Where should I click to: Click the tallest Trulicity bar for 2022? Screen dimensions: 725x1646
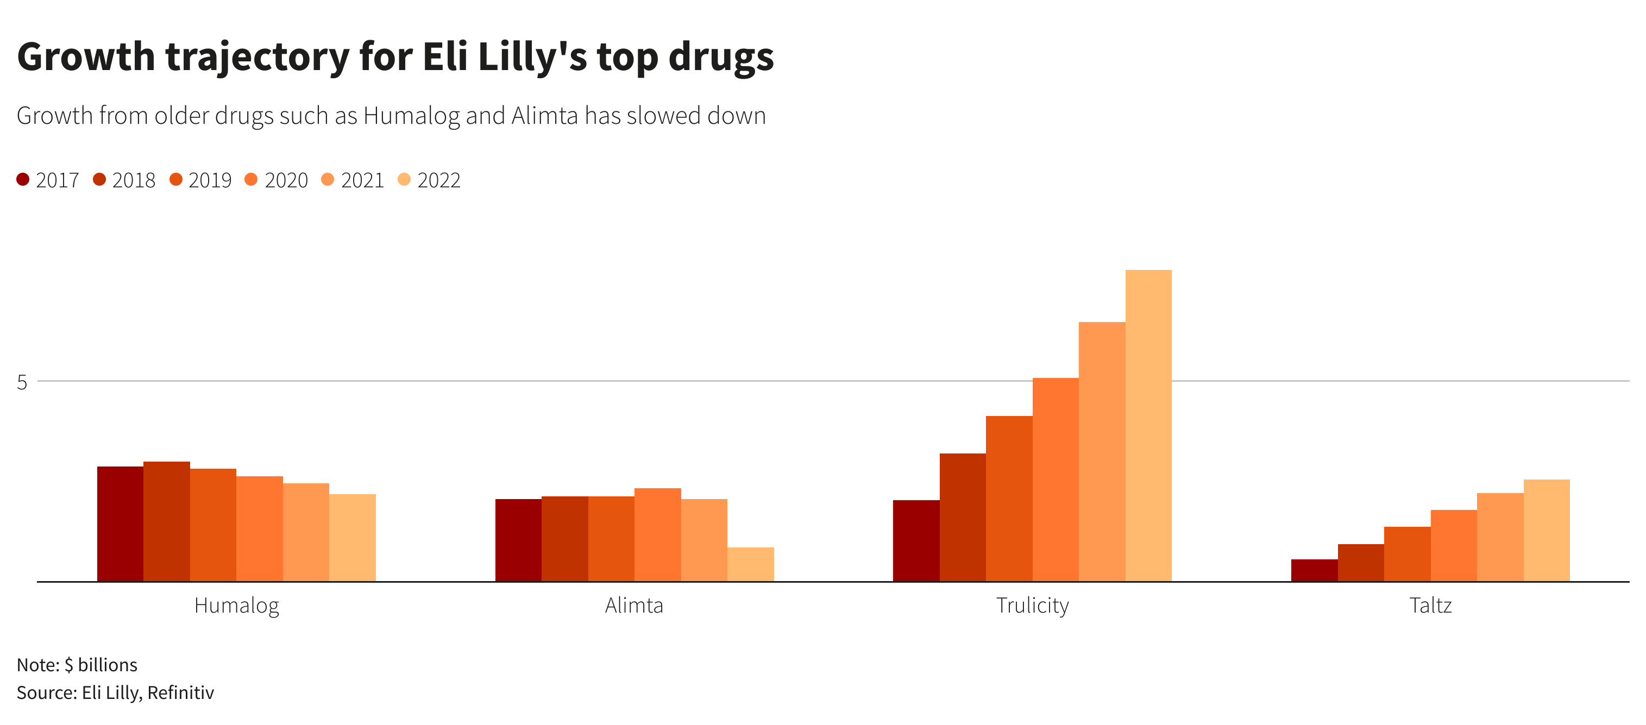click(1148, 425)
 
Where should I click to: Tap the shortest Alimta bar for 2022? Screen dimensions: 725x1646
click(750, 565)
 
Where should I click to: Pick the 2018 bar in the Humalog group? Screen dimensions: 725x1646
click(166, 521)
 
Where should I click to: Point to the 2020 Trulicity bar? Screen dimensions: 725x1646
click(1055, 480)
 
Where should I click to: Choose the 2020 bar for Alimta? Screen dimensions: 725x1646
click(657, 534)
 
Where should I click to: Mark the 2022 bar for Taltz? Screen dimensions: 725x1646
click(1547, 530)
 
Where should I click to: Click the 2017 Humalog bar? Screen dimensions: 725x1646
click(120, 524)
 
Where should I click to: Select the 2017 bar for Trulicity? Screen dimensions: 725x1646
click(916, 540)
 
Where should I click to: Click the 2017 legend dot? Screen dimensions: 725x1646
click(23, 180)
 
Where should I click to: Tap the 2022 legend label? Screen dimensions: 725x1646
click(438, 181)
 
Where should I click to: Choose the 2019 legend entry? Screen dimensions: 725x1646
click(200, 181)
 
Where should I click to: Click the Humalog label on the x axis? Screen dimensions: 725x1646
click(236, 605)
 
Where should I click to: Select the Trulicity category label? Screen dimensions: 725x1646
click(1032, 605)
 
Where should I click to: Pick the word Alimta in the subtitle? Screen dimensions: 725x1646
click(544, 116)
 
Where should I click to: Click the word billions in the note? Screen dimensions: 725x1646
click(108, 665)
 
